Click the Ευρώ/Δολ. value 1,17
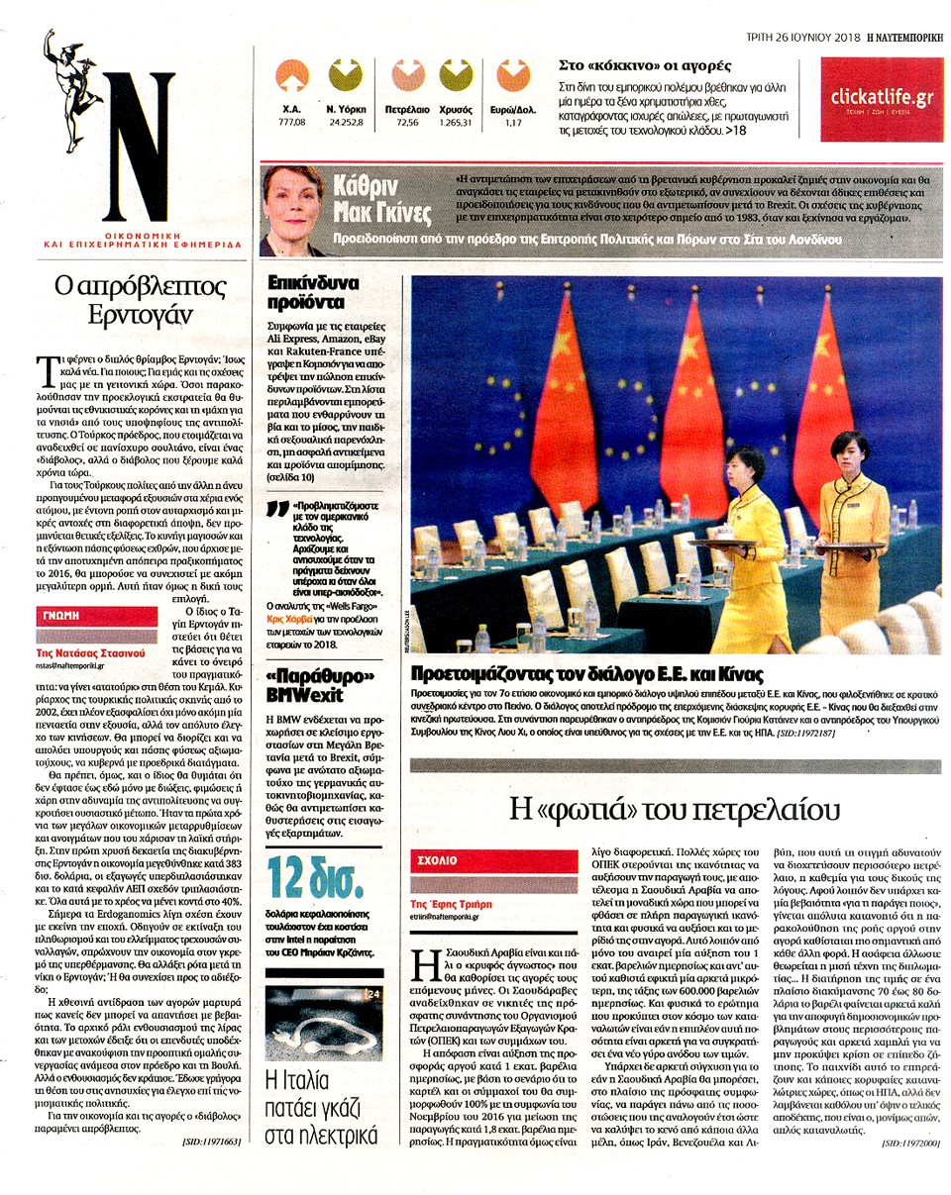[512, 122]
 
